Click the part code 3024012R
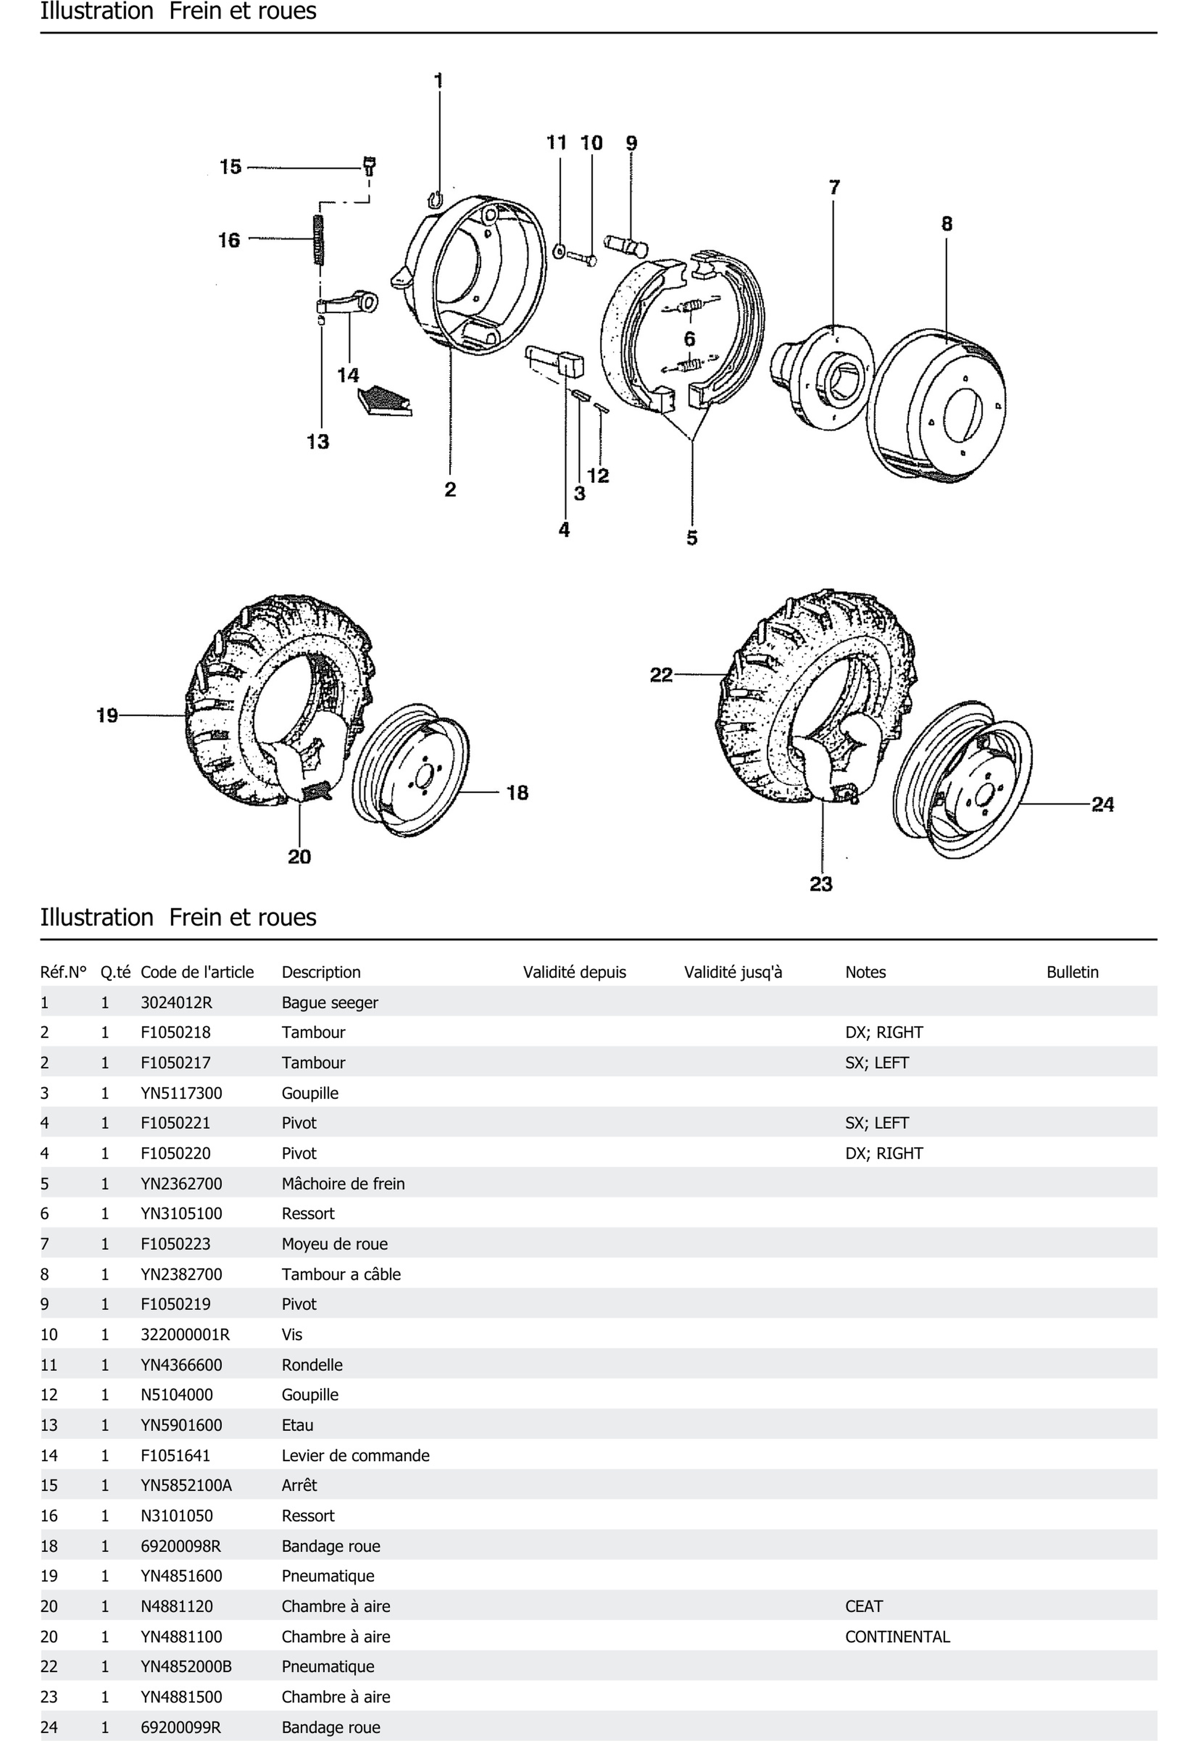[176, 1002]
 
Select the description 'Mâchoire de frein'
[343, 1183]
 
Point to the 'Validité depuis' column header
[574, 972]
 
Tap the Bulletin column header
[1072, 972]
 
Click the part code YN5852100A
[186, 1485]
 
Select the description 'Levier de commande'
[355, 1455]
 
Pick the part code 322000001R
[185, 1334]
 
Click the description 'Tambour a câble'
[341, 1274]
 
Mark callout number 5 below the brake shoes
[691, 537]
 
